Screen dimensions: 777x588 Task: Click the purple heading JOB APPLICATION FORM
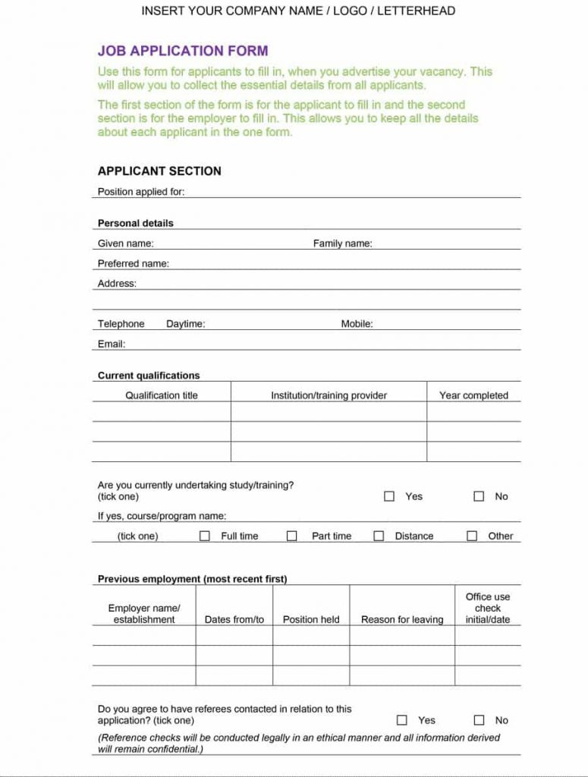(183, 52)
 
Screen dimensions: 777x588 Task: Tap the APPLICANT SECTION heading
(159, 171)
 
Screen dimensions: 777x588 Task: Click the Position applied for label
(141, 192)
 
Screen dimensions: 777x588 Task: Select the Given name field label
(126, 244)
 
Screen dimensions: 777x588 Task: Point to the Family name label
(342, 244)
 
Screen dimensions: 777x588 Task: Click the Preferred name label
(134, 264)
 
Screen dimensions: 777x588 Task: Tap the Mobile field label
(357, 324)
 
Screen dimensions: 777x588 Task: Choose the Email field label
(112, 344)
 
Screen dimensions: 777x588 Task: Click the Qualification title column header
(162, 395)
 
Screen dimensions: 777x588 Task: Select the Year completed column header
(473, 395)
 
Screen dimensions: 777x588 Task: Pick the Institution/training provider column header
(329, 395)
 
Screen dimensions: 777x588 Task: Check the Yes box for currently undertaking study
(389, 496)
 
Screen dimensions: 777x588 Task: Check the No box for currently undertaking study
(479, 496)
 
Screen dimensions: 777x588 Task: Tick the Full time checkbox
(204, 536)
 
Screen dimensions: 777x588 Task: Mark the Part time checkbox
(291, 536)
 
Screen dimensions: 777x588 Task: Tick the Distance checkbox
(379, 536)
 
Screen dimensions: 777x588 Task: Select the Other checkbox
(472, 536)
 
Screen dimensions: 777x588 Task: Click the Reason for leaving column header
(402, 620)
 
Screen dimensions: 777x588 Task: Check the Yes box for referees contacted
(402, 720)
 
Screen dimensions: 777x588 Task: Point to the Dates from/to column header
(234, 620)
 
